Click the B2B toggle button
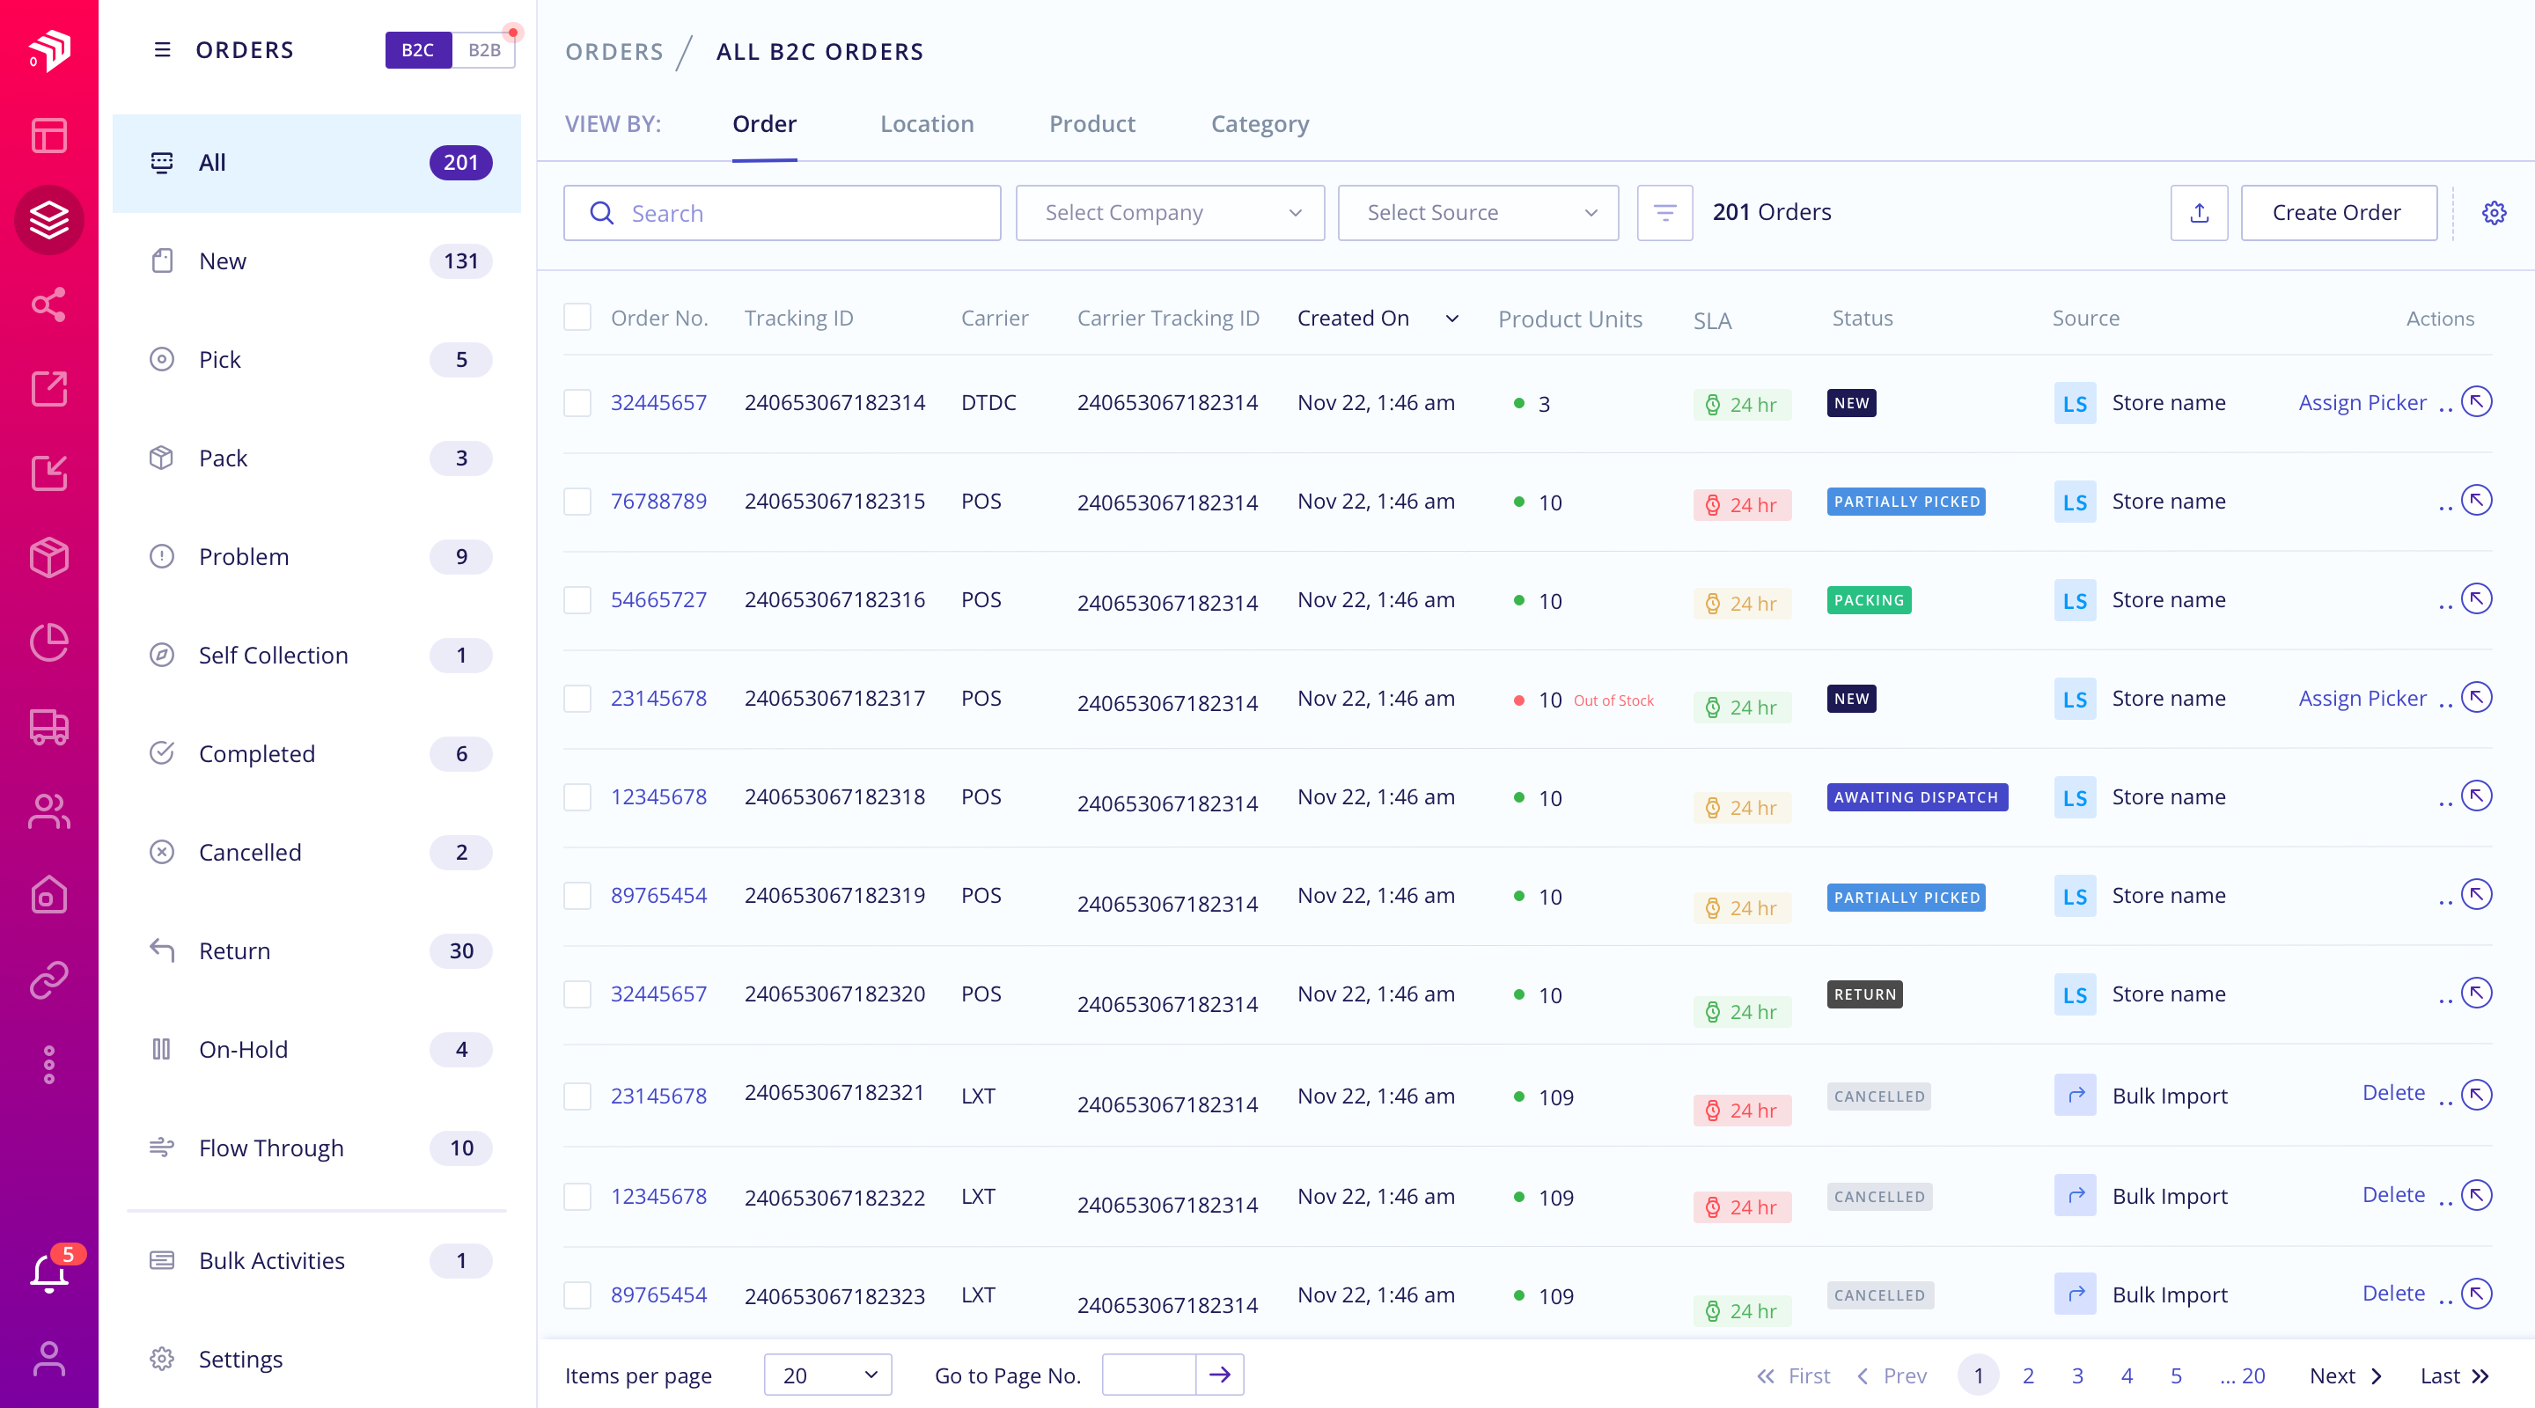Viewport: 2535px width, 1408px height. point(483,50)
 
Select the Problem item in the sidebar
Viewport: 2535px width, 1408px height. point(243,557)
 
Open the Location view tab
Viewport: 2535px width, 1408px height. point(926,124)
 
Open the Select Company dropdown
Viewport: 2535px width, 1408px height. point(1169,213)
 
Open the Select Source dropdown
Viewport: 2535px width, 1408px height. point(1477,213)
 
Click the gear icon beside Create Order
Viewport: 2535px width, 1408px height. point(2493,213)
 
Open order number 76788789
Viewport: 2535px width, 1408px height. point(658,502)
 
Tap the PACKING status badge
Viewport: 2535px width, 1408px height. point(1868,600)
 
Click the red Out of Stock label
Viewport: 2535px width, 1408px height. point(1613,700)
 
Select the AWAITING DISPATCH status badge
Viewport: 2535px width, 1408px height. point(1915,797)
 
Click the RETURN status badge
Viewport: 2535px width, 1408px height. point(1864,994)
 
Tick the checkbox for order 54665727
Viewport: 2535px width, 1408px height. point(577,600)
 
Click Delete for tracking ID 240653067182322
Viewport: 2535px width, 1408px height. point(2392,1195)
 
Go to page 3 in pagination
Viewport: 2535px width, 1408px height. point(2076,1375)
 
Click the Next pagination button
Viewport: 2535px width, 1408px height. point(2344,1375)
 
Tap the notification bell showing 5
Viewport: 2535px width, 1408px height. point(49,1272)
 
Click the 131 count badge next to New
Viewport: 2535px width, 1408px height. point(460,261)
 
